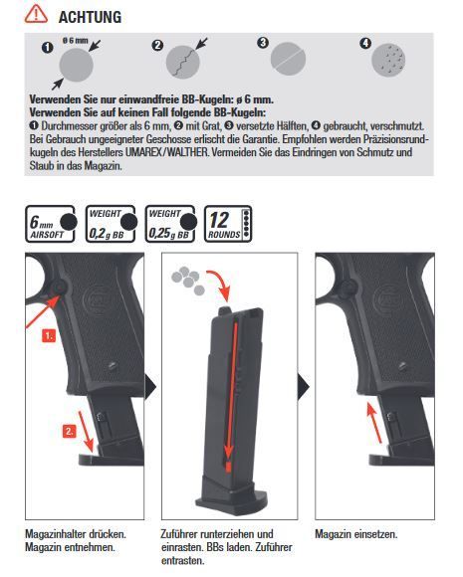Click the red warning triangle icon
click(36, 15)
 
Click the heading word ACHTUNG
click(91, 17)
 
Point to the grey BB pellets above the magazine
click(186, 276)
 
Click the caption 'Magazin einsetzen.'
click(356, 534)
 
